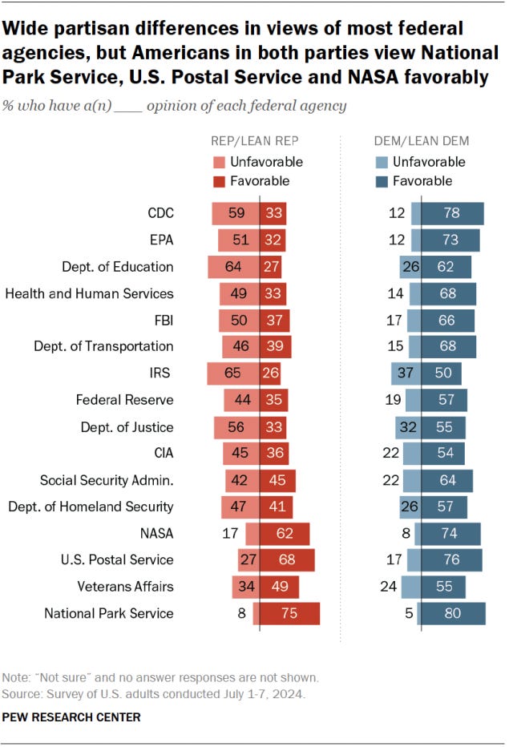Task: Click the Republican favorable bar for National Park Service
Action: [289, 613]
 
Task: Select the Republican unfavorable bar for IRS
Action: [232, 373]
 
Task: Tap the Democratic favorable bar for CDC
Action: [452, 213]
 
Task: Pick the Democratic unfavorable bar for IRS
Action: [406, 373]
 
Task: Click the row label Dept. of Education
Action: [117, 266]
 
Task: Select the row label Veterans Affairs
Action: [125, 586]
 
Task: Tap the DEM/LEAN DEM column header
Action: [422, 141]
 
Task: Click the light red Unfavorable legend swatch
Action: [220, 162]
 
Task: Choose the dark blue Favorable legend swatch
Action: [382, 181]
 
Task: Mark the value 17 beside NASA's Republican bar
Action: [232, 533]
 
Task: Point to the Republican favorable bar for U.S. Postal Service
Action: [287, 559]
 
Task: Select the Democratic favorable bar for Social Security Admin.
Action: [446, 479]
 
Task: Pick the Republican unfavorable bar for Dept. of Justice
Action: [236, 426]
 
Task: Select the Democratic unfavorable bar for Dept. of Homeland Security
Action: [410, 506]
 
